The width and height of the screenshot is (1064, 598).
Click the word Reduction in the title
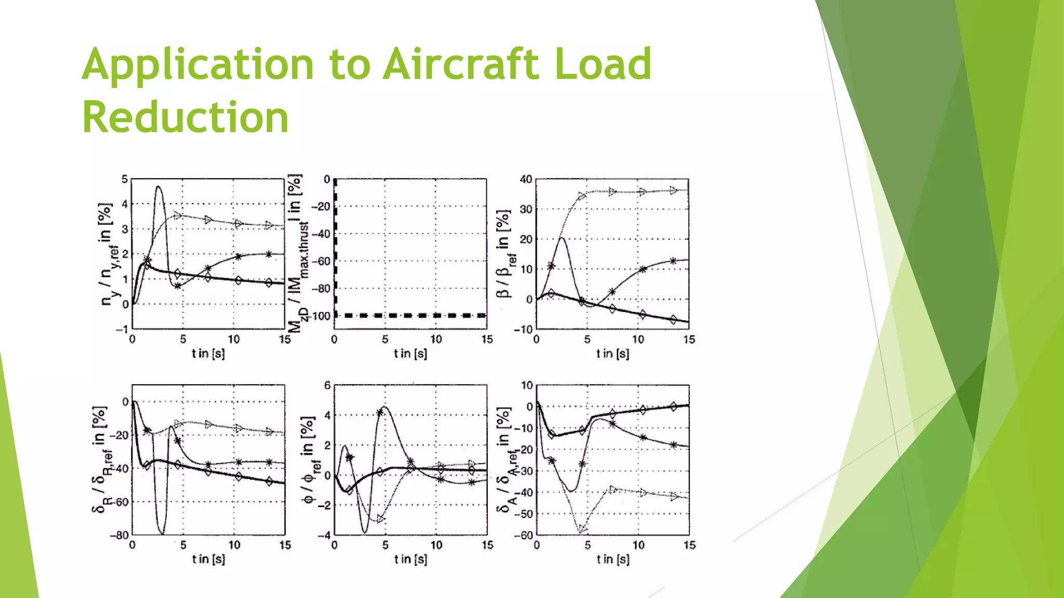185,117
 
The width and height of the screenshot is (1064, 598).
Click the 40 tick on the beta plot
526,180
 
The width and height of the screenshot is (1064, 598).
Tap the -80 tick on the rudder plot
119,535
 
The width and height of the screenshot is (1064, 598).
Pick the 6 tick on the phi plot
327,385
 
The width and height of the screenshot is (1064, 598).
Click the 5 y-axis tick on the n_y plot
125,180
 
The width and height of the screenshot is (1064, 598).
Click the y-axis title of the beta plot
503,254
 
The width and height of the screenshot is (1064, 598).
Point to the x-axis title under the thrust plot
410,354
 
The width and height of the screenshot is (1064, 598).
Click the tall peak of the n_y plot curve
158,187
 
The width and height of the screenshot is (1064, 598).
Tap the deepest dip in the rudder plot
162,533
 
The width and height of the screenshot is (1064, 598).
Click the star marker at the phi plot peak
380,412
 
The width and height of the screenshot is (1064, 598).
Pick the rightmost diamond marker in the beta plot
673,319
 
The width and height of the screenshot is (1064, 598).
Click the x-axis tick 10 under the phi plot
436,545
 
